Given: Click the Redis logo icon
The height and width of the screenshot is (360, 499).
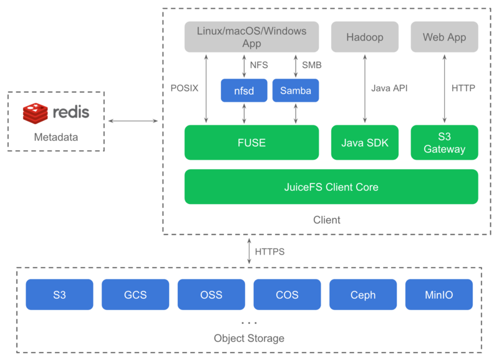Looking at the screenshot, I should (x=36, y=113).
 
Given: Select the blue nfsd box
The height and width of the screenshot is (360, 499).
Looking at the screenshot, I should (x=244, y=90).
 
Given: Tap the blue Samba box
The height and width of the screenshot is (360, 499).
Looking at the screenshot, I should (x=296, y=90).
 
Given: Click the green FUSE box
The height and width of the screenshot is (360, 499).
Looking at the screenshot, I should (x=251, y=142).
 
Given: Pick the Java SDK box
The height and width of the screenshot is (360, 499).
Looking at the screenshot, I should (x=364, y=142).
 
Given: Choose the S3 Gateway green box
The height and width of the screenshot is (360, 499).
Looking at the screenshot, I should (x=444, y=142).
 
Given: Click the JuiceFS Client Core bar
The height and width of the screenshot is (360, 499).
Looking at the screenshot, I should (x=331, y=187).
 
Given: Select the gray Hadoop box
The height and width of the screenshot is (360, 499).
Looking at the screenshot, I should (x=364, y=37).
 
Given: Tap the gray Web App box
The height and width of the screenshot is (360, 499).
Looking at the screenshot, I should (x=444, y=37).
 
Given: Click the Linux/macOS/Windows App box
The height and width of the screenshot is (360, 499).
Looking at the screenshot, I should (x=251, y=37).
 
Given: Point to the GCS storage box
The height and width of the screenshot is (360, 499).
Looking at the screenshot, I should (x=135, y=294).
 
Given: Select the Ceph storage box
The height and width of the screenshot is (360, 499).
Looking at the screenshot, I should (x=363, y=294).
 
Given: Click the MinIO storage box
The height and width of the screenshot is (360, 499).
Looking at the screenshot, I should (x=439, y=294).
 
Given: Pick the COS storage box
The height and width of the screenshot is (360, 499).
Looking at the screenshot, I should (x=287, y=294).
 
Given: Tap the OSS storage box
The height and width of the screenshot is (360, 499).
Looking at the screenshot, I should (x=211, y=294).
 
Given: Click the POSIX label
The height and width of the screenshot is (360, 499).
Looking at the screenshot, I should (x=184, y=88).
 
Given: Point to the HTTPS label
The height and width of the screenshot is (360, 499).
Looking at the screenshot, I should (x=269, y=252).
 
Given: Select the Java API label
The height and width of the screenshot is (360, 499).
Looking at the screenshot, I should (x=389, y=88).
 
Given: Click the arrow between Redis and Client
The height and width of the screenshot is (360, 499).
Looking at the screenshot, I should (x=133, y=120).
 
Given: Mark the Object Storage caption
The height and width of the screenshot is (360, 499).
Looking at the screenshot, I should (x=249, y=338).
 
